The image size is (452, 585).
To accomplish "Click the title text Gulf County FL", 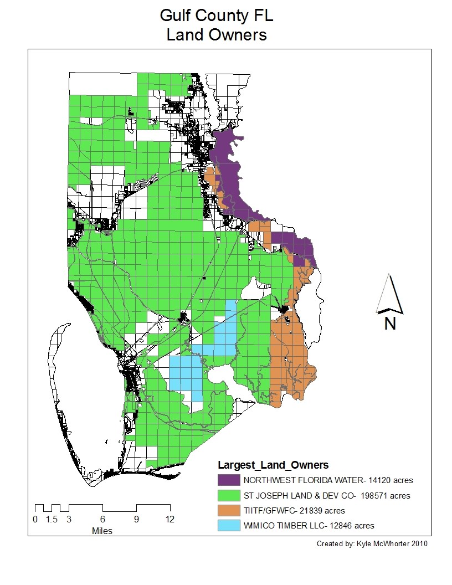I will (x=217, y=15).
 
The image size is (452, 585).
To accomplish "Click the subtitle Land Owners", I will (x=217, y=35).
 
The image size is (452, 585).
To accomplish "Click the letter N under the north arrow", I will (x=390, y=324).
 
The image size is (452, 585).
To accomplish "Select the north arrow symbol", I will (x=390, y=294).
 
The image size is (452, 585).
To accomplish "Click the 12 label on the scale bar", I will (x=170, y=520).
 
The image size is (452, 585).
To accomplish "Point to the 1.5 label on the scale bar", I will (x=52, y=520).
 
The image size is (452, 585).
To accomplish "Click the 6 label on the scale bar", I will (x=102, y=520).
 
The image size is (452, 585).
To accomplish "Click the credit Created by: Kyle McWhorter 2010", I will (x=372, y=543).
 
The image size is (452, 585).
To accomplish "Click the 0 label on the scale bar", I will (x=35, y=520).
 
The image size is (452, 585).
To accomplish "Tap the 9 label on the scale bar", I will (x=136, y=520).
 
